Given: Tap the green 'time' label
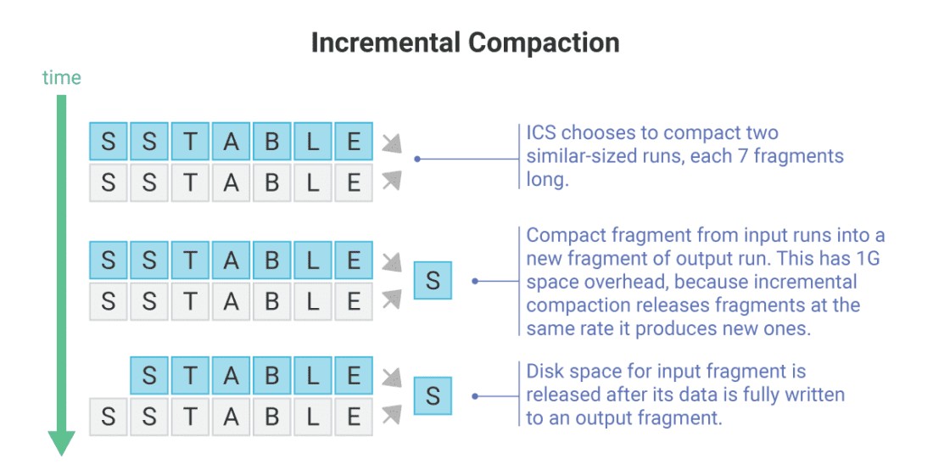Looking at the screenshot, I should coord(62,78).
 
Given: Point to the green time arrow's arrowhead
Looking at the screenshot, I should coord(61,442).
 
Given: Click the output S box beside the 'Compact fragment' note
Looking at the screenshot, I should coord(433,280).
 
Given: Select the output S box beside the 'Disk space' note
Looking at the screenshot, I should coord(433,395).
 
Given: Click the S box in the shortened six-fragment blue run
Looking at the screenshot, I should coord(149,376).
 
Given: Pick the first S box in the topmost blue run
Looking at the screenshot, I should coord(109,141).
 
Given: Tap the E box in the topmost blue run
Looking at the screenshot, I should coord(354,141).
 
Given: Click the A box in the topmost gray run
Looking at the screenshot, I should coord(231,182).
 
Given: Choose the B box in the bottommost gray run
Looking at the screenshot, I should coord(272,417).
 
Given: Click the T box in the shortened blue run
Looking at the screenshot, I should coord(190,376).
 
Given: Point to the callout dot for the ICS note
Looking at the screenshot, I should coord(416,159).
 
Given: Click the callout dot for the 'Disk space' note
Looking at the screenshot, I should coord(476,396).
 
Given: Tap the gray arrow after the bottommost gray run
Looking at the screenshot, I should coord(390,414).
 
